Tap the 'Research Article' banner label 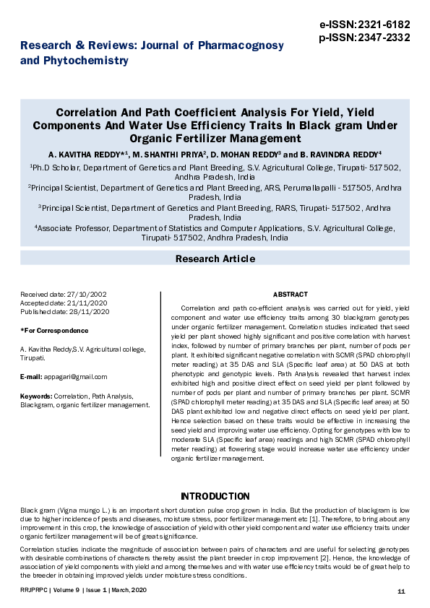point(215,259)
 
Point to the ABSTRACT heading point(290,295)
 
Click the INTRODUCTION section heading point(215,497)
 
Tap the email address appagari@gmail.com point(74,377)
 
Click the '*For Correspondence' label point(54,330)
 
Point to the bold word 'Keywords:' point(35,396)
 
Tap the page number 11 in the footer point(401,591)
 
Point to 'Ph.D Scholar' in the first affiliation point(51,167)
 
